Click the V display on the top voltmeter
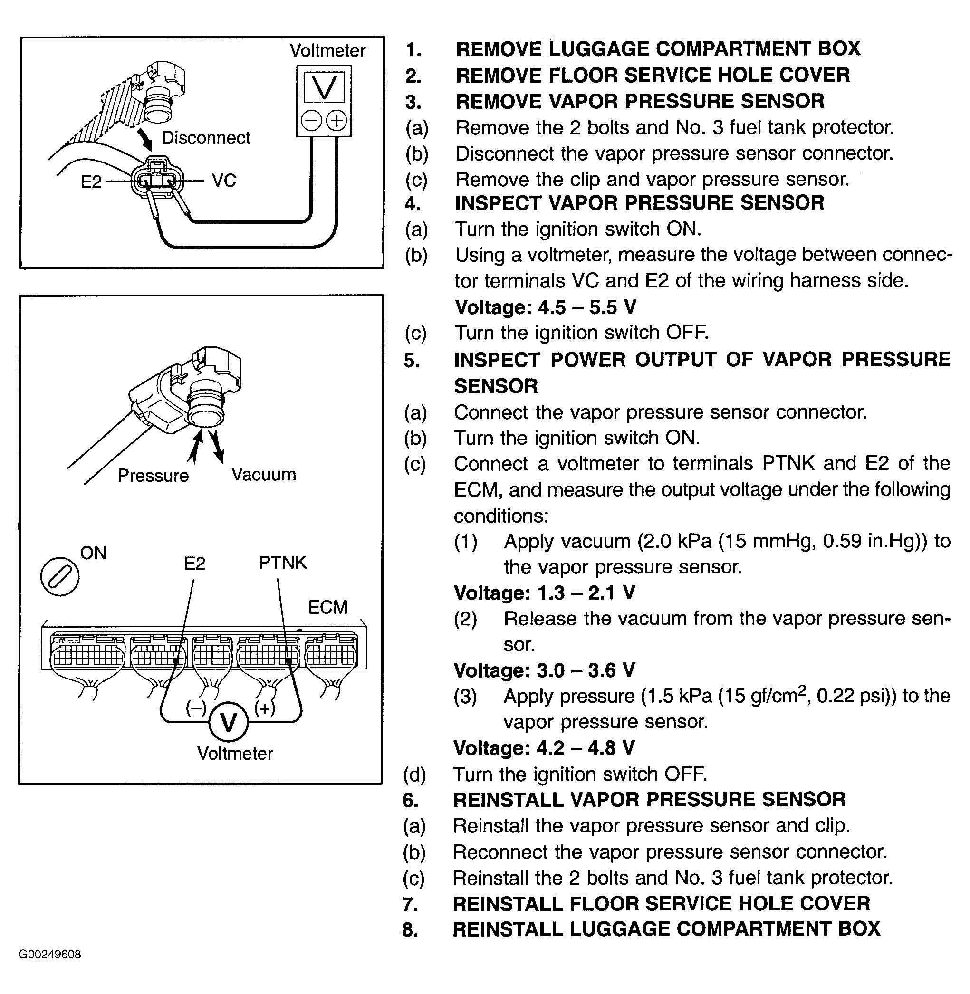(324, 87)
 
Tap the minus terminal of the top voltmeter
(311, 121)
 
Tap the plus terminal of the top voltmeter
(336, 121)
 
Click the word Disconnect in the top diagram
(206, 137)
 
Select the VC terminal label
(224, 180)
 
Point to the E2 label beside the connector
(91, 182)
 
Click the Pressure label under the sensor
(153, 475)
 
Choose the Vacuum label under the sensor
(263, 474)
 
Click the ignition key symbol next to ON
(59, 577)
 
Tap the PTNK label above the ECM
(283, 562)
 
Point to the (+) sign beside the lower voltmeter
(264, 708)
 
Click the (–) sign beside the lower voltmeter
(196, 708)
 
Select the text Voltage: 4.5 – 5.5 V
(546, 307)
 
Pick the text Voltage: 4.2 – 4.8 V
(544, 747)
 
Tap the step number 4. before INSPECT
(413, 204)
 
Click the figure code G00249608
(50, 954)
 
